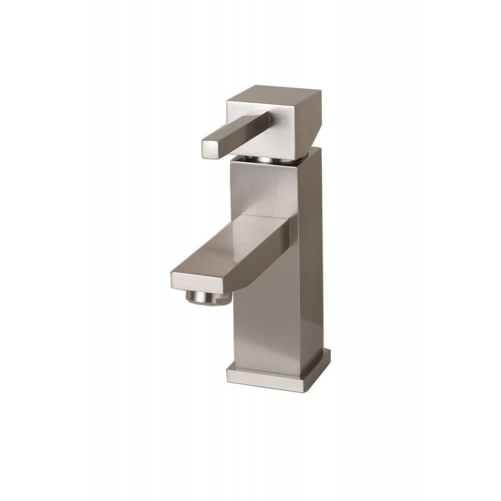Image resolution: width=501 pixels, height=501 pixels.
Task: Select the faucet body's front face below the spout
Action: point(263,326)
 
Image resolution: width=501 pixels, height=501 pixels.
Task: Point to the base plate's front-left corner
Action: point(228,373)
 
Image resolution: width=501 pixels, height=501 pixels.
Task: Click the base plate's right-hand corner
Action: point(330,357)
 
